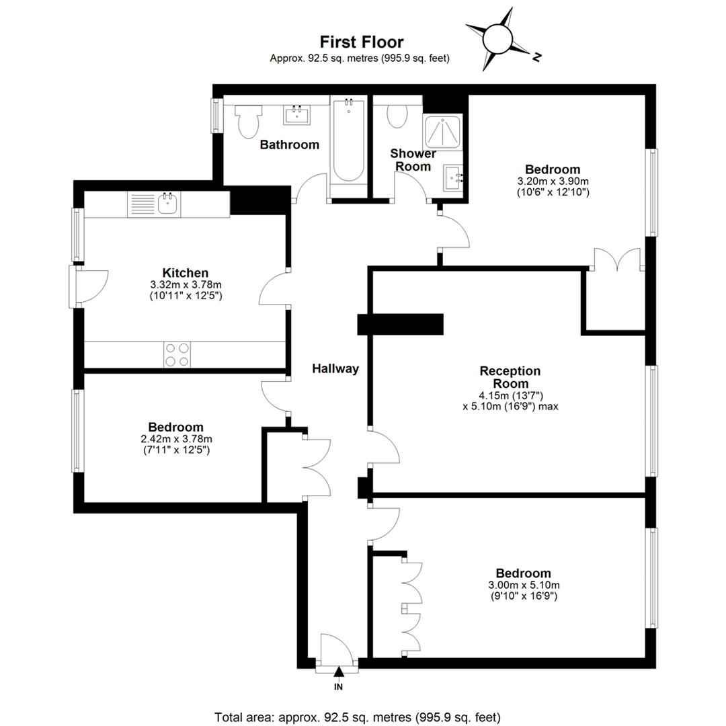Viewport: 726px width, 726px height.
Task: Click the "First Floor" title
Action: pyautogui.click(x=362, y=42)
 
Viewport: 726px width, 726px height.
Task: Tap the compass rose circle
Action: pyautogui.click(x=497, y=40)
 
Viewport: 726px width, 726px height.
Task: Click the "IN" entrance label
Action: pyautogui.click(x=338, y=686)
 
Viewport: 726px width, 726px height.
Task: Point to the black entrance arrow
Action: pyautogui.click(x=339, y=672)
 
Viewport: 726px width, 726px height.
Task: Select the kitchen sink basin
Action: pyautogui.click(x=167, y=204)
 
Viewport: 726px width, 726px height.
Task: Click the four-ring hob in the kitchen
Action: pyautogui.click(x=177, y=355)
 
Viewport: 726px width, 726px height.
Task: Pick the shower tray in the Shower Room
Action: pyautogui.click(x=442, y=132)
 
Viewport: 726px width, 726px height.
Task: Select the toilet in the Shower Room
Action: pyautogui.click(x=397, y=116)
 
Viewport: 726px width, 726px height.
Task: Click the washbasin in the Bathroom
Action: pyautogui.click(x=297, y=115)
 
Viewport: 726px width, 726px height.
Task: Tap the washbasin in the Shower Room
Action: pyautogui.click(x=453, y=177)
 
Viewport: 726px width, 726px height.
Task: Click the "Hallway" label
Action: pyautogui.click(x=335, y=368)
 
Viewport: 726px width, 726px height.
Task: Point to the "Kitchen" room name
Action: pyautogui.click(x=186, y=273)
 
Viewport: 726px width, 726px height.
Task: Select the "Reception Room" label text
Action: pyautogui.click(x=510, y=377)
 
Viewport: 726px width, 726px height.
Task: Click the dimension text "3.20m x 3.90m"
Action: pyautogui.click(x=553, y=181)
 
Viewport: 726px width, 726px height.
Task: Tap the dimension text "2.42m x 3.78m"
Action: pyautogui.click(x=176, y=438)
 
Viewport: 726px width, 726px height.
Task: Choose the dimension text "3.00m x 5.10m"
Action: pyautogui.click(x=524, y=585)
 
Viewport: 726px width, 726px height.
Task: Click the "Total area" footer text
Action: pyautogui.click(x=358, y=717)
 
